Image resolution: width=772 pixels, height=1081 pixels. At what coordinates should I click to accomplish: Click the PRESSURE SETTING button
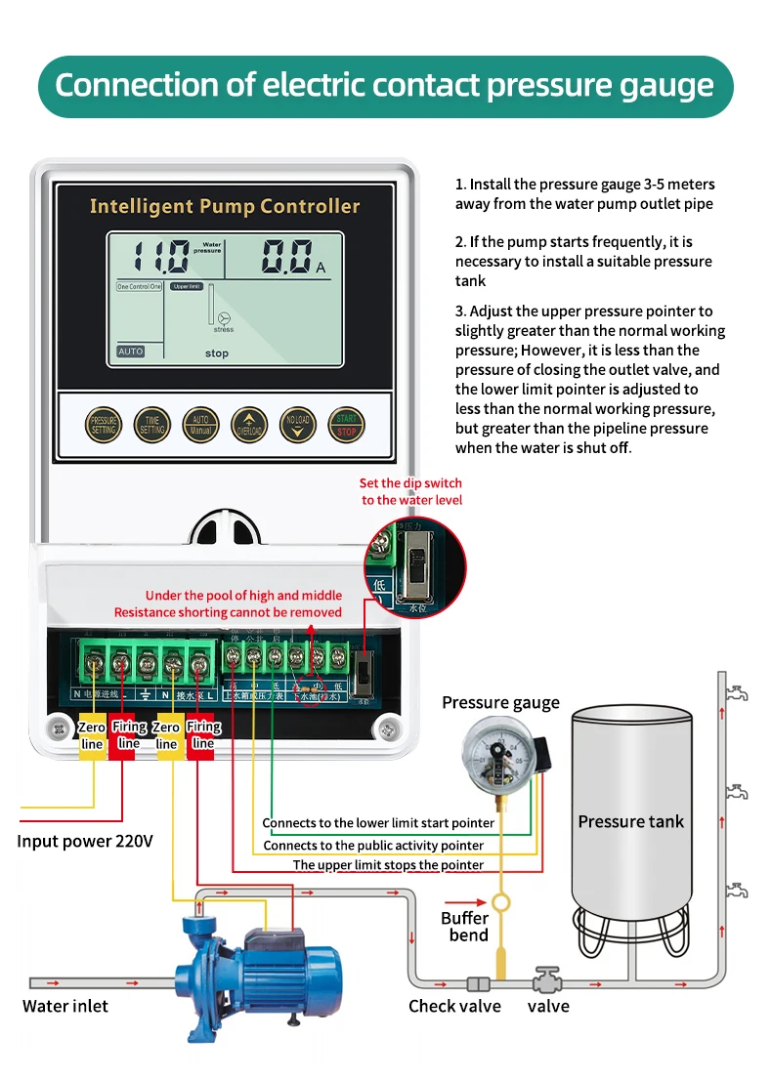[104, 424]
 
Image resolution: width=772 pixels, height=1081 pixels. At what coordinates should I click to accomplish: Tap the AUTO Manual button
[200, 424]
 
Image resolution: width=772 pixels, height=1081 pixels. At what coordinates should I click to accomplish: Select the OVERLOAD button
[248, 424]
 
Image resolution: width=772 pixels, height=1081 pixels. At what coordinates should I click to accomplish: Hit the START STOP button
[345, 424]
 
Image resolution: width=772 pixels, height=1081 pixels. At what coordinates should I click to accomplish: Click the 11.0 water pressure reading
[162, 258]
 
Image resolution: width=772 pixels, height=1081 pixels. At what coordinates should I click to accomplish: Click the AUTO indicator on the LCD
[130, 351]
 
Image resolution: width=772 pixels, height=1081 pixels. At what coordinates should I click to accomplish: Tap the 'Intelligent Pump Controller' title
[225, 206]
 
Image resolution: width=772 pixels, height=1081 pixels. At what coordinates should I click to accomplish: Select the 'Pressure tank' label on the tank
[630, 821]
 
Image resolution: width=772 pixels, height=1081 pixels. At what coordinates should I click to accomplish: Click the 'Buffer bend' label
[466, 927]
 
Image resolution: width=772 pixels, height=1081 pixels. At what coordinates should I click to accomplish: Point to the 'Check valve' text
[454, 1006]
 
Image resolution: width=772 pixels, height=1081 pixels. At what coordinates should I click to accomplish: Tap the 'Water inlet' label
[65, 1006]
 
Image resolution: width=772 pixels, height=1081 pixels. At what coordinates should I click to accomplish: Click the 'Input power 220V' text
[85, 841]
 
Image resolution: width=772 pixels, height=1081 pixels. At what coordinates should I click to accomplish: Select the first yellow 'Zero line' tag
[92, 735]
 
